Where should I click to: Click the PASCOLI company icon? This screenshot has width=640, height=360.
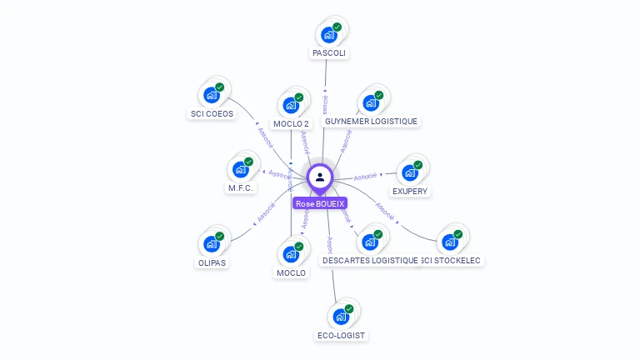coord(328,35)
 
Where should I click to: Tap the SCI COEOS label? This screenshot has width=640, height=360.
coord(212,113)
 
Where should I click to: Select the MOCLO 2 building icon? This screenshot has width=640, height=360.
coord(290,106)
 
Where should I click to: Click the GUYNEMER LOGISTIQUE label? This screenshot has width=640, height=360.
coord(371,121)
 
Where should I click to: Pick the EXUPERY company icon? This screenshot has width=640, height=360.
coord(409,172)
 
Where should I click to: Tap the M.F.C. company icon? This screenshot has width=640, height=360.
coord(240,170)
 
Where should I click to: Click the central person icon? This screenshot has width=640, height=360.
coord(320,177)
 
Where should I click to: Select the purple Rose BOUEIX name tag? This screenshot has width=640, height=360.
coord(320,203)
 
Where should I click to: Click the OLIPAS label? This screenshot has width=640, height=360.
coord(212,262)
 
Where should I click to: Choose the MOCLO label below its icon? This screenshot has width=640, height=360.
coord(291,272)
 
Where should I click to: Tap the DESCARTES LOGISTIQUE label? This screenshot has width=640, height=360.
coord(370,260)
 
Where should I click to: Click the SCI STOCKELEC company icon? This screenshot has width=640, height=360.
coord(450,242)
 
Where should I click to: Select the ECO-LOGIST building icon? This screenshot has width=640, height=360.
coord(340,317)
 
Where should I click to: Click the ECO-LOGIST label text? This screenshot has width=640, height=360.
coord(341,335)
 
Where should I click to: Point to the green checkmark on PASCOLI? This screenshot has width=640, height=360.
coord(337,27)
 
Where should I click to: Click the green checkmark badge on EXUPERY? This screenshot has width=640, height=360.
coord(418,165)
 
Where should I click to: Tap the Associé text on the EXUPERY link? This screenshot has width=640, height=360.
coord(366,177)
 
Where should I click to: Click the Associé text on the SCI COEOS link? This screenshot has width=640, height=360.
coord(265,136)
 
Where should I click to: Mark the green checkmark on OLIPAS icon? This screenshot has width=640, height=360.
coord(220,237)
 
